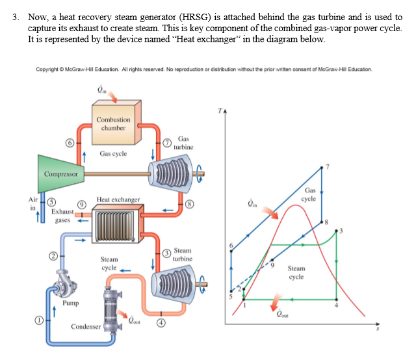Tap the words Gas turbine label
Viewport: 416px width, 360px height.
(x=183, y=143)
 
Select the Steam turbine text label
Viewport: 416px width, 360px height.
(x=183, y=255)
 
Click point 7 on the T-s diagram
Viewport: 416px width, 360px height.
(x=323, y=167)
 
